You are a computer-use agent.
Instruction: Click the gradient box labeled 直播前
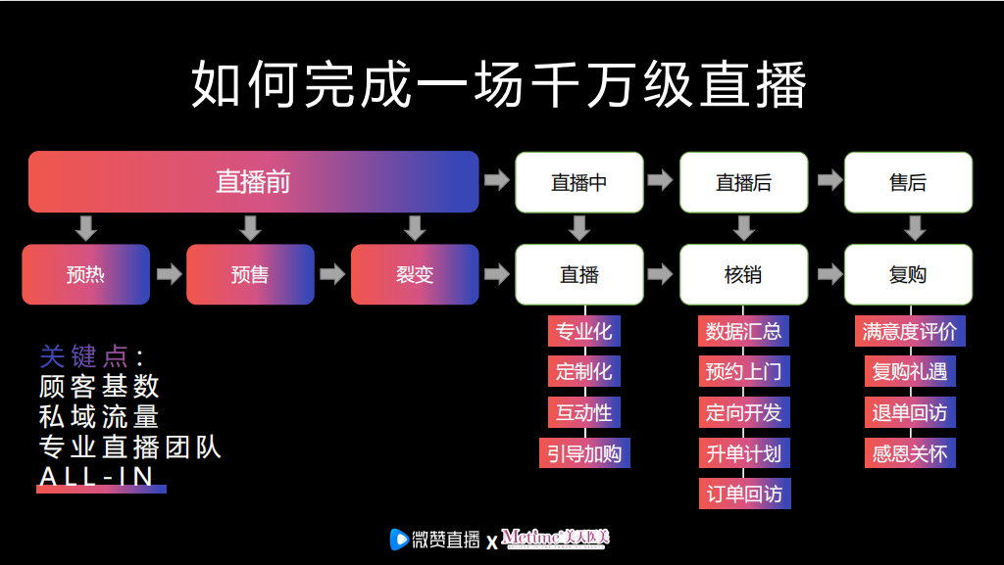(x=253, y=182)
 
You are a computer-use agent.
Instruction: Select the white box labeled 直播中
(x=579, y=182)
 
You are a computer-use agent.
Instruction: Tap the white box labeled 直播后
(x=744, y=182)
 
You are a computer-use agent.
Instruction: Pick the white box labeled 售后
(x=908, y=182)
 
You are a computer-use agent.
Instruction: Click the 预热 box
(x=85, y=274)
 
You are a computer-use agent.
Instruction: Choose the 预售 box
(x=250, y=274)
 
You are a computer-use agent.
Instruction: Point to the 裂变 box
(x=415, y=274)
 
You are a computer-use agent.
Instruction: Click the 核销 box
(x=744, y=274)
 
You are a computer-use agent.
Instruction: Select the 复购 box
(x=908, y=274)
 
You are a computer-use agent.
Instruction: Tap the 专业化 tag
(x=584, y=331)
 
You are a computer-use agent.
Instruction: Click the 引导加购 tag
(x=584, y=452)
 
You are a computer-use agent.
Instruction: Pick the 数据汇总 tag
(x=744, y=331)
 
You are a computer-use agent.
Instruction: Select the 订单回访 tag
(x=744, y=494)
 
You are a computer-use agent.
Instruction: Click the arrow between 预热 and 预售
(x=169, y=274)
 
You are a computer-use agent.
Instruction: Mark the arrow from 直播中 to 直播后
(x=662, y=181)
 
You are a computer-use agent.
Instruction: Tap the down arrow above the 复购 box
(x=915, y=228)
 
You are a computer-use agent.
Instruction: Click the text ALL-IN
(x=97, y=476)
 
